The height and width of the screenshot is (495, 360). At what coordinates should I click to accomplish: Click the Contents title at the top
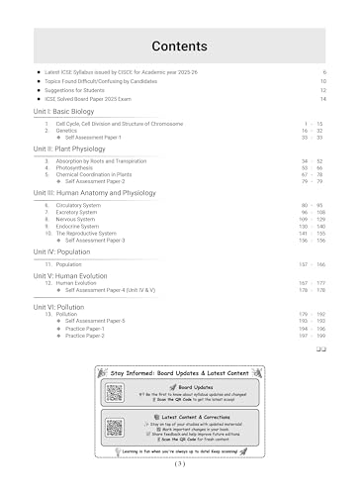179,46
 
